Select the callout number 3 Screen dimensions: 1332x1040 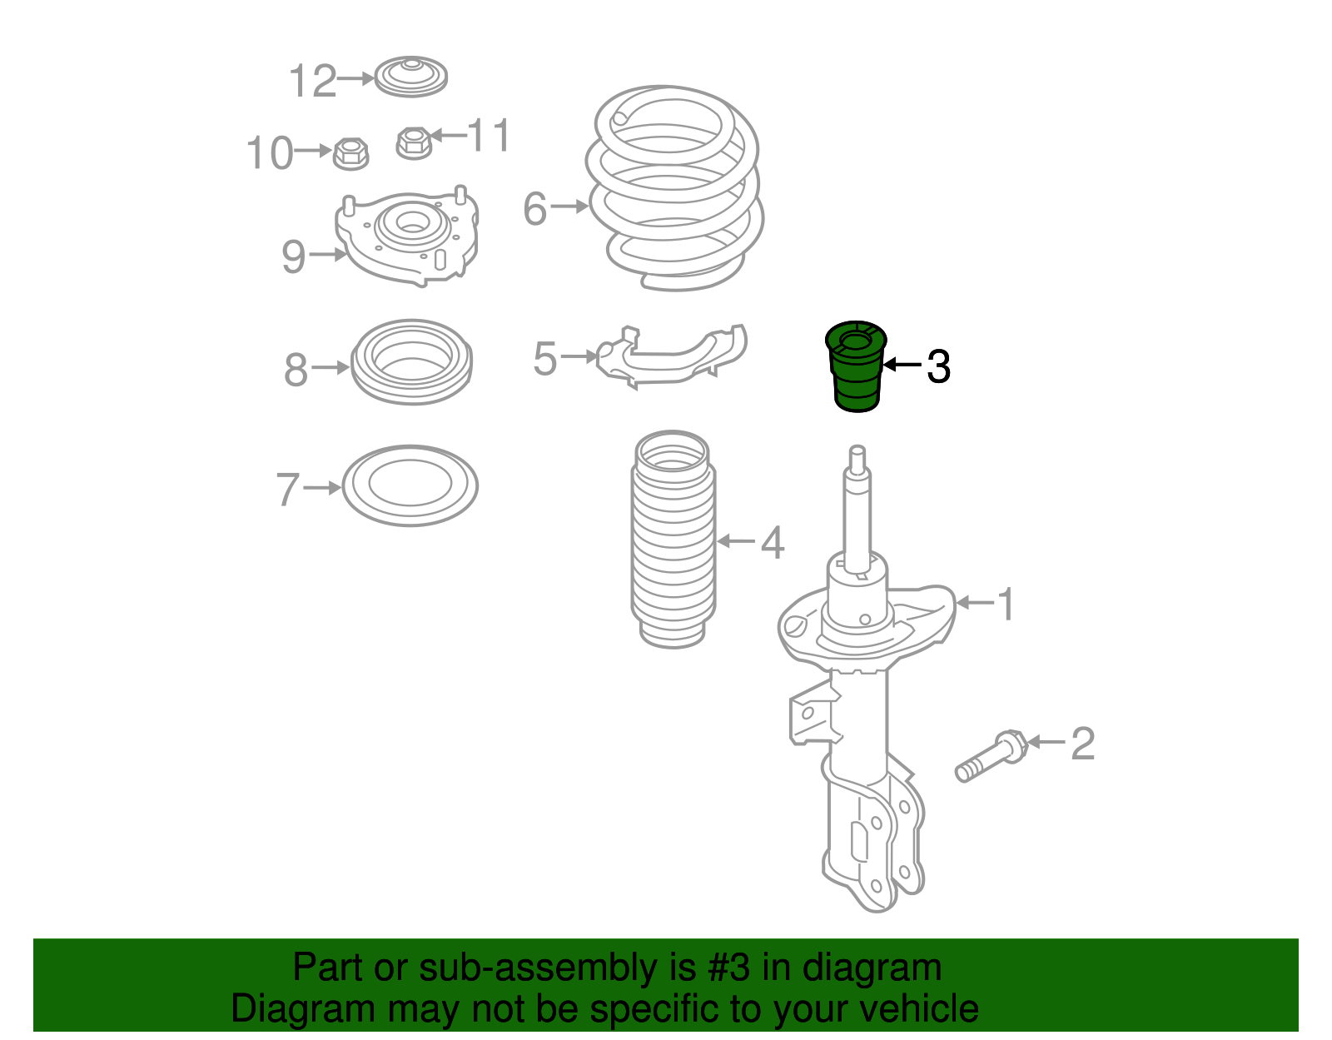coord(938,367)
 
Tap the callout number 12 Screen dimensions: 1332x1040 coord(313,81)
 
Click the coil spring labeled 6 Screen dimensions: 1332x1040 coord(674,187)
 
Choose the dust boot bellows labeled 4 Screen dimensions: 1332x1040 coord(673,540)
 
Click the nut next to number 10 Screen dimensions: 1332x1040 coord(350,153)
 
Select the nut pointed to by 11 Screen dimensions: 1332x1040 coord(414,142)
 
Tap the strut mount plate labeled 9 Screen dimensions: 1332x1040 coord(406,235)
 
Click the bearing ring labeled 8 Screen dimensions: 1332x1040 coord(411,361)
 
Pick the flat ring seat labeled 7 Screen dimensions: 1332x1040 coord(410,485)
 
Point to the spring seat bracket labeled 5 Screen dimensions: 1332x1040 coord(672,356)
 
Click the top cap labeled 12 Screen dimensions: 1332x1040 coord(410,77)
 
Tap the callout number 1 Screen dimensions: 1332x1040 coord(1006,605)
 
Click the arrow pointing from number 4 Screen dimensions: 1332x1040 coord(736,541)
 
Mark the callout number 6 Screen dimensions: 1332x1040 coord(535,209)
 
